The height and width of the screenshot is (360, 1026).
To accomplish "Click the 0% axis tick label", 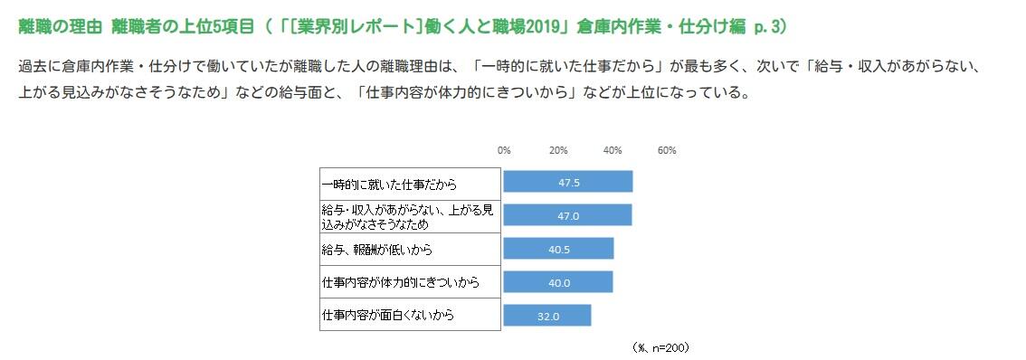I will (504, 150).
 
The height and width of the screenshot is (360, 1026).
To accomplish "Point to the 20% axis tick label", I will (558, 150).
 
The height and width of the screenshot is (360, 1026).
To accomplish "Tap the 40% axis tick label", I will (613, 150).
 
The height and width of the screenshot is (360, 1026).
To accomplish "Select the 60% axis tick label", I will (667, 150).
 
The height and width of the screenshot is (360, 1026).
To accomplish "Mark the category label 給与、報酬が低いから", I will (377, 249).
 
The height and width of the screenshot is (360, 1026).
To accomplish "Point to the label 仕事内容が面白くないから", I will (388, 315).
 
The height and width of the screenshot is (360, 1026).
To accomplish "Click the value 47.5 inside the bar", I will (569, 182).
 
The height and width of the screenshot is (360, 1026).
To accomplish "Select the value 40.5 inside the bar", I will (559, 249).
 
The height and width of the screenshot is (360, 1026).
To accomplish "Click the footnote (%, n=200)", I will (663, 346).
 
